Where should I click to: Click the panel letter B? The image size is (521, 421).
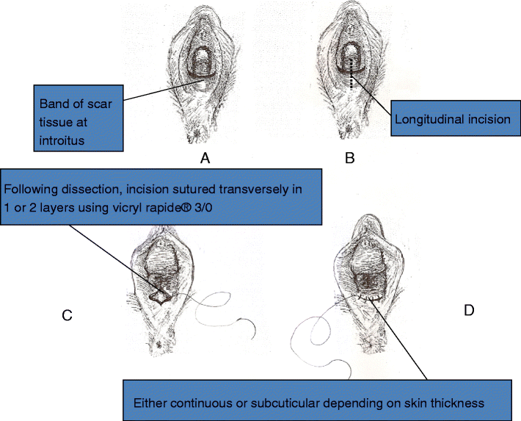coord(349,156)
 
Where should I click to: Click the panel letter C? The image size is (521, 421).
coord(67,315)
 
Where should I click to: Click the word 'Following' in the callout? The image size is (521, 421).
coord(29,189)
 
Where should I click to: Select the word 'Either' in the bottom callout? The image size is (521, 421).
coord(149,403)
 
